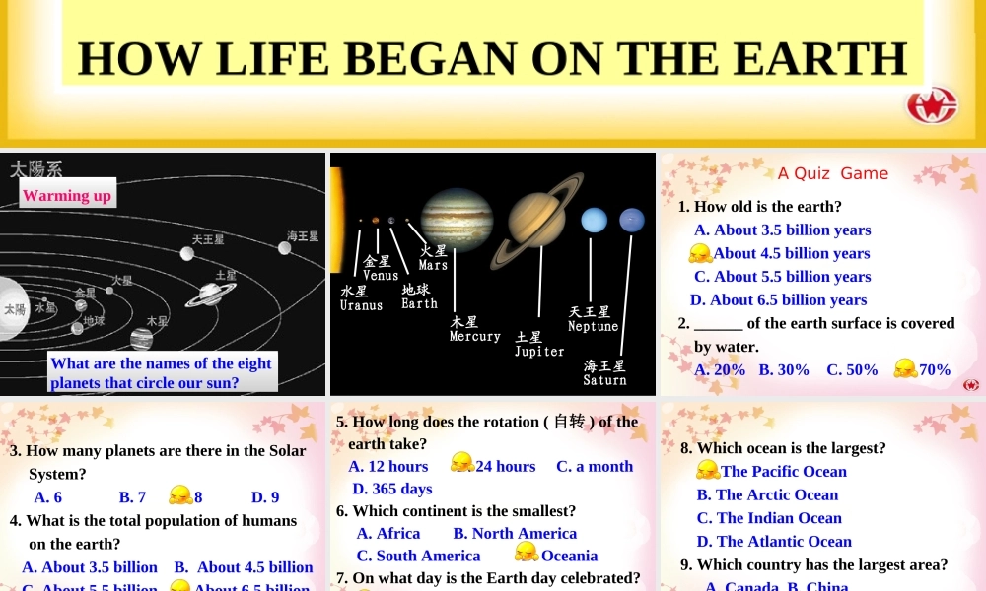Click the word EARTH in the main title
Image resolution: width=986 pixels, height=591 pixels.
tap(821, 58)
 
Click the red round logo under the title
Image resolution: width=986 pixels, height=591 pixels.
tap(932, 105)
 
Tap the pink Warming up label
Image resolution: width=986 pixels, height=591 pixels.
tap(67, 195)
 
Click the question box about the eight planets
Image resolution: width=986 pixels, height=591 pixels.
tap(161, 373)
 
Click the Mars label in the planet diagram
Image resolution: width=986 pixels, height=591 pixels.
tap(433, 258)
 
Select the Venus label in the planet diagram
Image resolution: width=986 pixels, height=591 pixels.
tap(380, 268)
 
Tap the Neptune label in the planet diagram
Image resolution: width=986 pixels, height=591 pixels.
tap(593, 319)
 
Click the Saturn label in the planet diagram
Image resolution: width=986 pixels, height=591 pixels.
tap(604, 372)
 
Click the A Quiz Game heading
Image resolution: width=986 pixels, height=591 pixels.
tap(832, 173)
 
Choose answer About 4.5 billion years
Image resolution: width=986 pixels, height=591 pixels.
tap(792, 253)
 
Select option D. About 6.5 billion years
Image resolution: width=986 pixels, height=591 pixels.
tap(778, 300)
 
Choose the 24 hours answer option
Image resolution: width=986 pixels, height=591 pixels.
tap(505, 466)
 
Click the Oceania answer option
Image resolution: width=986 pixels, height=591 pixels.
tap(569, 556)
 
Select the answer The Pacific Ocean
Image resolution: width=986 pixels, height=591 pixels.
tap(783, 472)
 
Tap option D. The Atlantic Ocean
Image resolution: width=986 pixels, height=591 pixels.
tap(774, 541)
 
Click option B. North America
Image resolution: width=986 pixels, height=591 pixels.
tap(515, 533)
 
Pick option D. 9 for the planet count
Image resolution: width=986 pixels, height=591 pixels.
tap(265, 497)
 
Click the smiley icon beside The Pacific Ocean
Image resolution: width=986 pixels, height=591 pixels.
tap(707, 470)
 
